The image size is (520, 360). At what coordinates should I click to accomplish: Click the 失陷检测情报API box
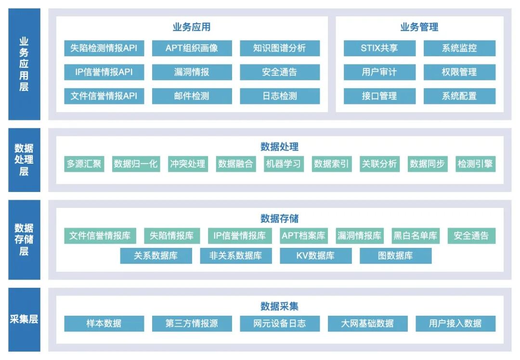tap(104, 48)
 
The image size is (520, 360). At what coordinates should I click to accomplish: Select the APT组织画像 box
tap(192, 48)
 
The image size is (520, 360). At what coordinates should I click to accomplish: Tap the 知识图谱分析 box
tap(280, 48)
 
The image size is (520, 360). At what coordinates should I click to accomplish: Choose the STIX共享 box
tap(379, 48)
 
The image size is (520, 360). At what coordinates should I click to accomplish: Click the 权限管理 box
tap(459, 72)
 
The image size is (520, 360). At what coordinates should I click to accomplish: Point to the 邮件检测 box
tap(192, 96)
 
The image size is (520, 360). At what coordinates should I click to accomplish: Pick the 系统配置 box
tap(459, 96)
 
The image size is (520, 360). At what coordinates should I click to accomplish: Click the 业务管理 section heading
tap(419, 27)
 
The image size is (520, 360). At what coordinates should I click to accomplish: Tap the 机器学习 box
tap(283, 164)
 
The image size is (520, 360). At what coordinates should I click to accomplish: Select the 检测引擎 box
tap(475, 164)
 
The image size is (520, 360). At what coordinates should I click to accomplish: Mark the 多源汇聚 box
tap(84, 164)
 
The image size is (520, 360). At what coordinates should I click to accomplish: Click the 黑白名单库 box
tap(416, 236)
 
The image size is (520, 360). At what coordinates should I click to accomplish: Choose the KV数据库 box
tap(315, 256)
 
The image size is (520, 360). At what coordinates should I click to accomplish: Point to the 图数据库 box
tap(395, 256)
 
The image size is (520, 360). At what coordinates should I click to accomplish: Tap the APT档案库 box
tap(303, 236)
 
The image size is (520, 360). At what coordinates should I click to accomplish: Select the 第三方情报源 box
tap(192, 323)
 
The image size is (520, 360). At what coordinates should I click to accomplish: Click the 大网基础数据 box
tap(367, 323)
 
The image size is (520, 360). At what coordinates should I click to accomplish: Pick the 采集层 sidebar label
tap(24, 319)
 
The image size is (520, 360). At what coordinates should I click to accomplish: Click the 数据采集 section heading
tap(279, 307)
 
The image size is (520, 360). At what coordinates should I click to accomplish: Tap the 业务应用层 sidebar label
tap(24, 64)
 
